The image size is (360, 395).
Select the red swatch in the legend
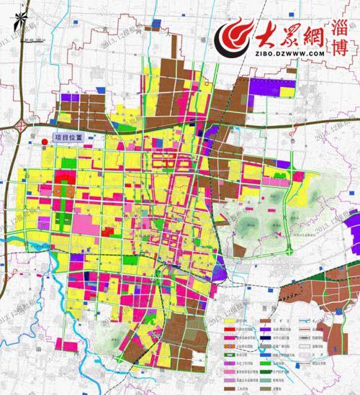pyautogui.click(x=231, y=329)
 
